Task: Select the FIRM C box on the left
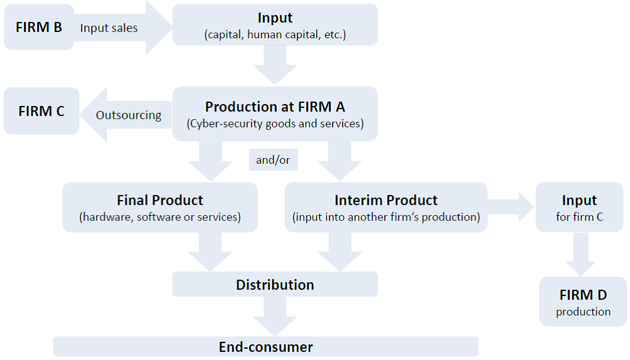pyautogui.click(x=41, y=111)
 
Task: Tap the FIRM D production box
pyautogui.click(x=583, y=301)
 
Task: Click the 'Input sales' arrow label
pyautogui.click(x=109, y=28)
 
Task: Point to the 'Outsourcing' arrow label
pyautogui.click(x=128, y=115)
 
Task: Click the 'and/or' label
pyautogui.click(x=273, y=160)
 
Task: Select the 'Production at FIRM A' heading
pyautogui.click(x=275, y=107)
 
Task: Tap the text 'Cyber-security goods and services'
pyautogui.click(x=275, y=124)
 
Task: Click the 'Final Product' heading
pyautogui.click(x=160, y=200)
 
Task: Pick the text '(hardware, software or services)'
pyautogui.click(x=160, y=218)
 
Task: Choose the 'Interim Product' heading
pyautogui.click(x=386, y=200)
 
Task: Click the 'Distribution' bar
pyautogui.click(x=275, y=284)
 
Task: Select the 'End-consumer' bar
pyautogui.click(x=265, y=347)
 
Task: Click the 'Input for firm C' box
pyautogui.click(x=579, y=208)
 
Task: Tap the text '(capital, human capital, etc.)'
pyautogui.click(x=275, y=35)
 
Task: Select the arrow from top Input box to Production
pyautogui.click(x=275, y=65)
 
